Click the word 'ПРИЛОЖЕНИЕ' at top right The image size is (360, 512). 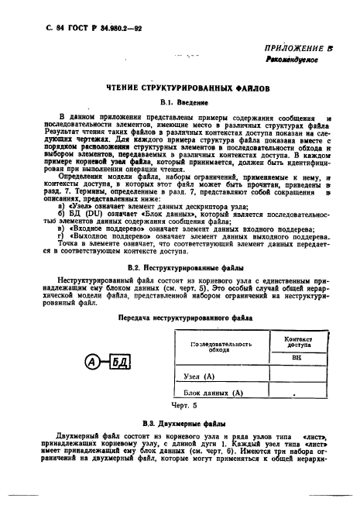point(294,69)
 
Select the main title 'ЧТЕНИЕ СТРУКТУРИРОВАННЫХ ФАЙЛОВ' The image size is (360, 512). point(183,110)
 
